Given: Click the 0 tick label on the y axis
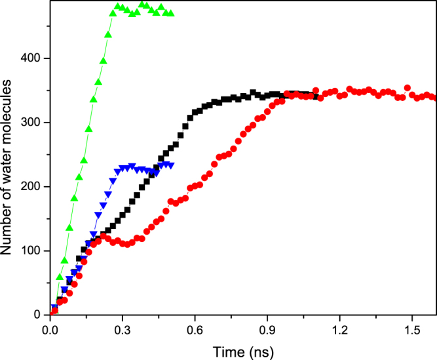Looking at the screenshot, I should tap(39, 315).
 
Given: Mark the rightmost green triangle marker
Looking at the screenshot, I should tap(171, 13).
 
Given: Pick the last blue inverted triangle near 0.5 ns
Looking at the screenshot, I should tap(171, 165).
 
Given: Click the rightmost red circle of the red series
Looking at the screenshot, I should tap(434, 98).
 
